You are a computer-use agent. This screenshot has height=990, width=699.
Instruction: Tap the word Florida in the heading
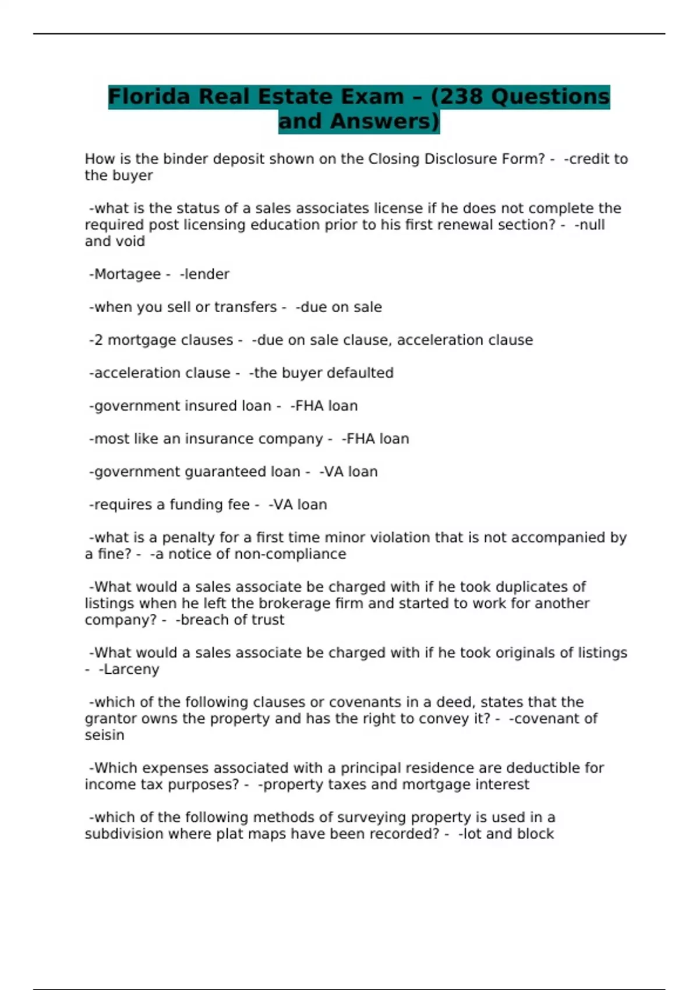click(x=149, y=97)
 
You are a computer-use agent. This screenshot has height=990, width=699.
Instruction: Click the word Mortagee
click(x=127, y=274)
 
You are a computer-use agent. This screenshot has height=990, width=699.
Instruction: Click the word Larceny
click(x=131, y=670)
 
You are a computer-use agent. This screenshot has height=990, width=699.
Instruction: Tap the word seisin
click(x=104, y=735)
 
